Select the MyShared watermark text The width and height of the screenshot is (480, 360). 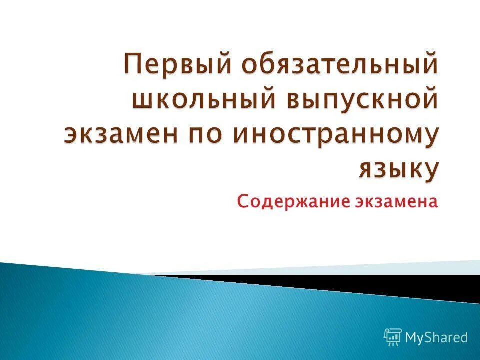click(x=436, y=337)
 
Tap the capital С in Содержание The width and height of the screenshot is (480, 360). click(x=242, y=202)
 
